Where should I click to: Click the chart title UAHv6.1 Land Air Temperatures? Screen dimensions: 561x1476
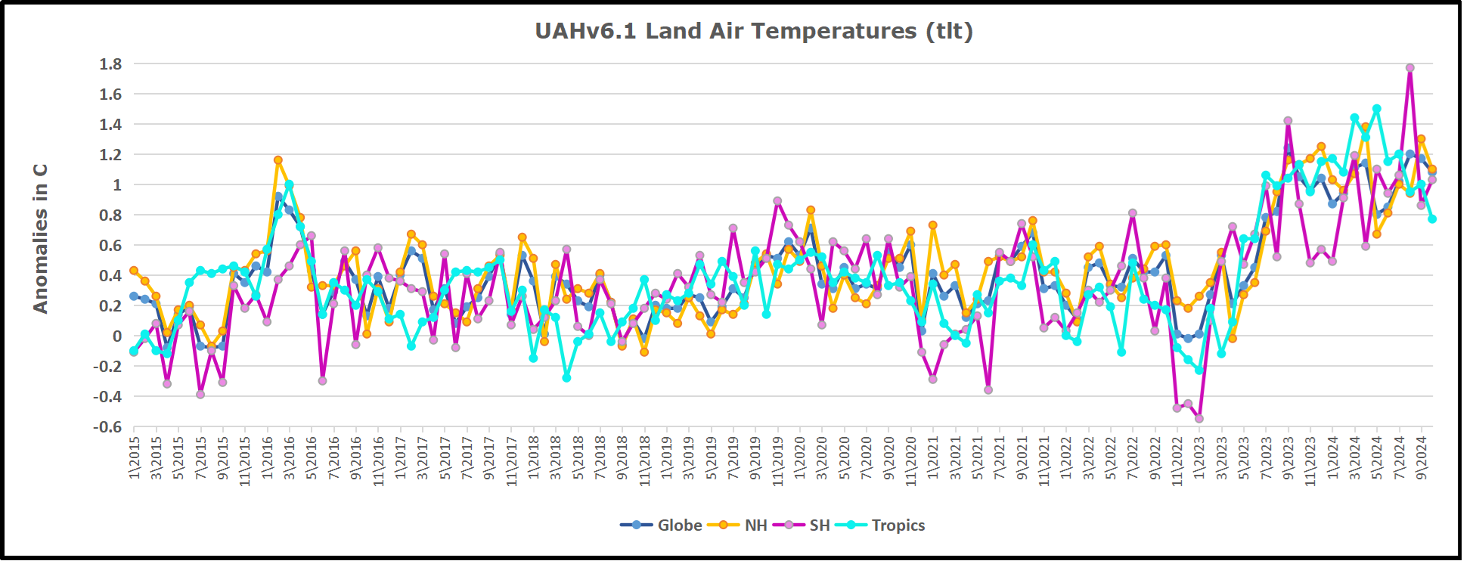753,31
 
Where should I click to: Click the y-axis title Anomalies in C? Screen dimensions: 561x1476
41,238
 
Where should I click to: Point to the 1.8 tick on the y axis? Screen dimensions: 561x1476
110,64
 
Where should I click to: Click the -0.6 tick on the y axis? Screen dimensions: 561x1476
107,427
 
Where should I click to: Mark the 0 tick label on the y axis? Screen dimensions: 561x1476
116,336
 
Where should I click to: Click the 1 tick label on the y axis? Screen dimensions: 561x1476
116,185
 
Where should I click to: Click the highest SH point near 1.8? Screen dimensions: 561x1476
1410,68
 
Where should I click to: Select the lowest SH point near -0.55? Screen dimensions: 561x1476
1199,418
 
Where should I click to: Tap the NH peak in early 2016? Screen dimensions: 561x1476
278,160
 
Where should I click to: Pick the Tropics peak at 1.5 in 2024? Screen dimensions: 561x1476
1377,109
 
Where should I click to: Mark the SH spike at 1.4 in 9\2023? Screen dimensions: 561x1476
1288,121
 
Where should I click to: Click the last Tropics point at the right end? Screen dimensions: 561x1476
1432,219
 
